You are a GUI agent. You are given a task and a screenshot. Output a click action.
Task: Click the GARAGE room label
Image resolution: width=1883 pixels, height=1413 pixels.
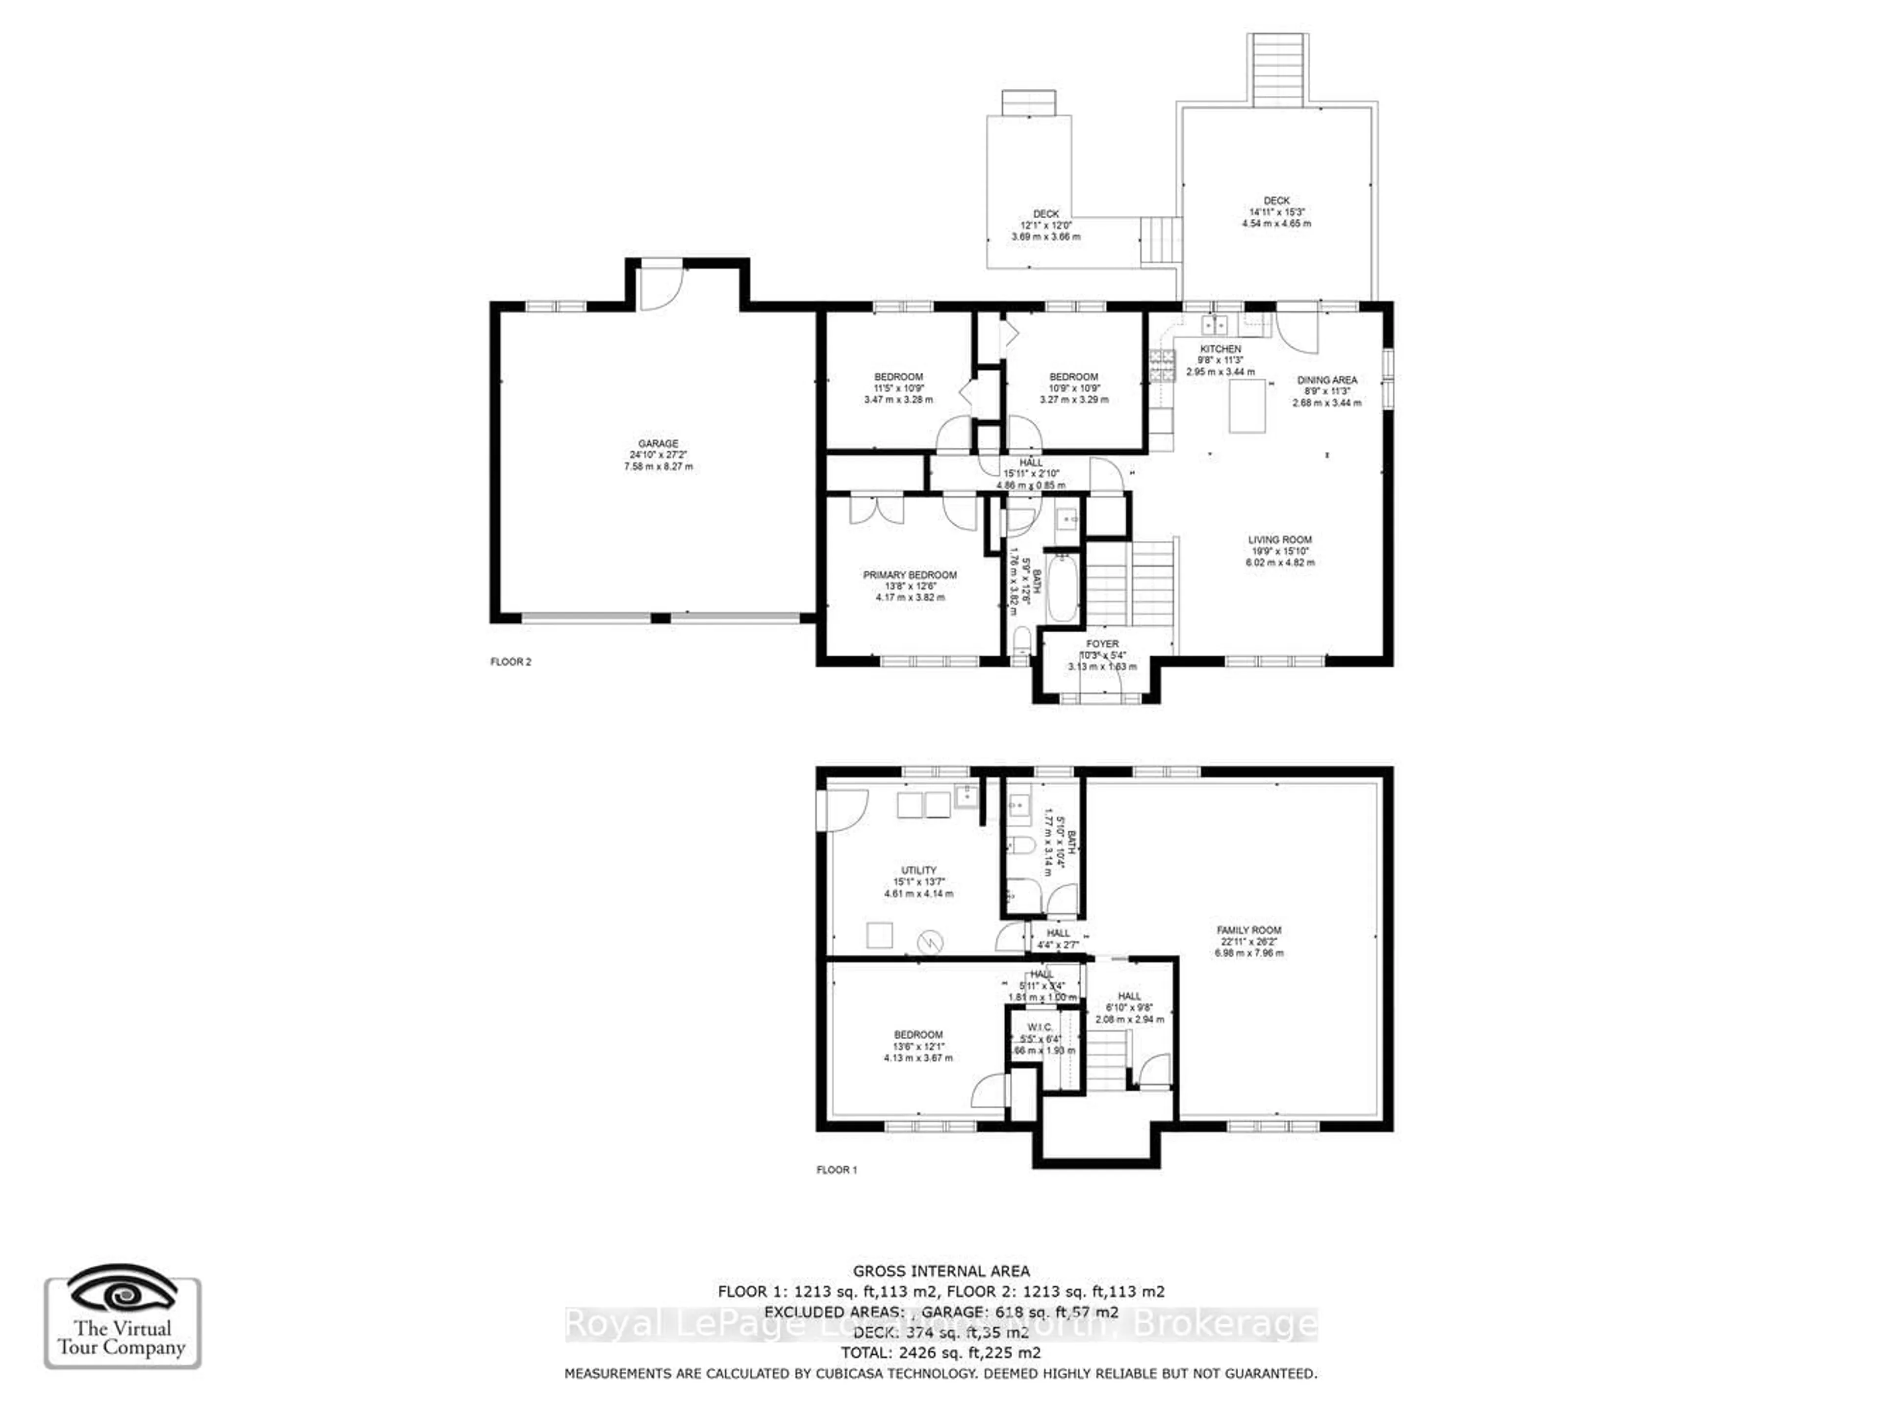click(x=658, y=443)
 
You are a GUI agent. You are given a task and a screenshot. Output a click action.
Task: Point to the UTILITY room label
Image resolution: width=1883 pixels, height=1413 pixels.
click(x=918, y=870)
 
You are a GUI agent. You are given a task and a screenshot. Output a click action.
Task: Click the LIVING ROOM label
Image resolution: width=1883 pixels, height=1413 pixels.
click(x=1279, y=540)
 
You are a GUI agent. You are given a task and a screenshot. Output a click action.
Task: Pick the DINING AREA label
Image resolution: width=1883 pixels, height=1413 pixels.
click(x=1326, y=381)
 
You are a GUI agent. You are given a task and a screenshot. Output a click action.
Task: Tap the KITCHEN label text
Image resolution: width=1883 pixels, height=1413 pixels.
click(x=1220, y=349)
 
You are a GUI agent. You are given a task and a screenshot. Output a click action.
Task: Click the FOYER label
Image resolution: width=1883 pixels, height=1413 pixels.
click(x=1102, y=643)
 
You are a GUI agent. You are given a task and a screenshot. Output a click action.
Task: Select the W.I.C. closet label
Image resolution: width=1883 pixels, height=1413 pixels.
click(x=1040, y=1028)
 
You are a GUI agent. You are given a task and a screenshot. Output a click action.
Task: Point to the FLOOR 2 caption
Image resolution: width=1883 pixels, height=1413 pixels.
click(x=511, y=662)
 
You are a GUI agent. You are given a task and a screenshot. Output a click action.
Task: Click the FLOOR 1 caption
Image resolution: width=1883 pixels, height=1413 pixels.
click(x=837, y=1170)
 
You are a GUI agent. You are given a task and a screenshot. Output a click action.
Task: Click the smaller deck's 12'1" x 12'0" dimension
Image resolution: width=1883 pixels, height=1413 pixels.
click(x=1045, y=226)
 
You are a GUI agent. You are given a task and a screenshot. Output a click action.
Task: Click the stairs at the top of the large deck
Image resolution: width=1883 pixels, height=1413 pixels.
click(x=1278, y=71)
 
